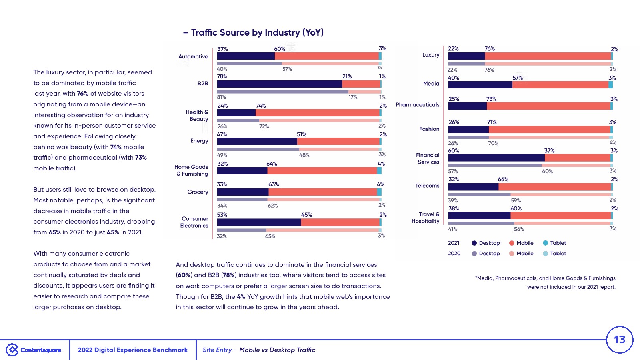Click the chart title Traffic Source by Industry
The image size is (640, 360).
pos(257,32)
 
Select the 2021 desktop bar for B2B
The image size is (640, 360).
pos(279,84)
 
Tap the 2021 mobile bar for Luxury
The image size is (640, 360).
pos(548,56)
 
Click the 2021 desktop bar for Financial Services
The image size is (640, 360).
pos(496,158)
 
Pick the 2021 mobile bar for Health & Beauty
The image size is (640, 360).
pos(317,113)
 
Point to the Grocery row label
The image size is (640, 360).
pos(198,192)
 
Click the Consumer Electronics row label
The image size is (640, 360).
pos(194,222)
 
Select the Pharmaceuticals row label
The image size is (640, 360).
pos(417,105)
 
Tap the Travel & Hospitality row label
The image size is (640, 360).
pos(425,218)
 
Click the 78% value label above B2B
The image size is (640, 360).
pos(222,76)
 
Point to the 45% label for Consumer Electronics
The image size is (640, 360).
pos(306,215)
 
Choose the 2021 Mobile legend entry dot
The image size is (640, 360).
pos(512,243)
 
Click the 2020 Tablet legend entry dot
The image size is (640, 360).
pos(545,254)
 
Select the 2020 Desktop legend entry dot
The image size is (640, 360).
pos(474,254)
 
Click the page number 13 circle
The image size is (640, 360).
pos(620,340)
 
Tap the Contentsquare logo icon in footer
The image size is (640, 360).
pos(12,350)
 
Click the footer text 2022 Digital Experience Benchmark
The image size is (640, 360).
pos(132,350)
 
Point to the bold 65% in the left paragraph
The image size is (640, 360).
pos(55,232)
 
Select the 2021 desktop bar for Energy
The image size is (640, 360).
pos(257,142)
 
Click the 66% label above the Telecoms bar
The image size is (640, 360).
pos(503,179)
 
